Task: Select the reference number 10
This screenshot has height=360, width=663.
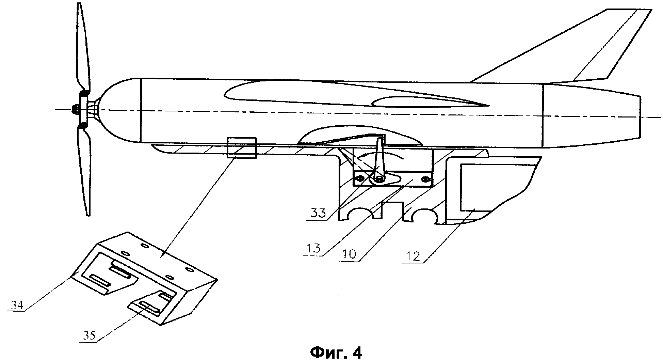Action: [x=348, y=254]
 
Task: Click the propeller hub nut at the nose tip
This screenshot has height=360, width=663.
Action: [x=75, y=109]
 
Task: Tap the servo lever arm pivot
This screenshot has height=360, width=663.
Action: [x=378, y=178]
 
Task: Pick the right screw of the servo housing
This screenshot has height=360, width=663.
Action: [x=425, y=179]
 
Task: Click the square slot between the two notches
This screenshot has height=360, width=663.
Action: [x=392, y=209]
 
